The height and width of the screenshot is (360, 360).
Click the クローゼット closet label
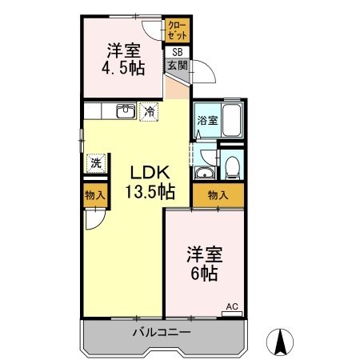tap(177, 31)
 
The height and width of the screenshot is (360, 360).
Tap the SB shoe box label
tap(176, 53)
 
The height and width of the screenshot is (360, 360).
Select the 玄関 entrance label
tap(176, 66)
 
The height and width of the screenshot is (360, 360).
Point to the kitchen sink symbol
tap(125, 111)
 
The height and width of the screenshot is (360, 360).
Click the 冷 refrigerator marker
tap(150, 112)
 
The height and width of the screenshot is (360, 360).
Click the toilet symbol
tap(231, 166)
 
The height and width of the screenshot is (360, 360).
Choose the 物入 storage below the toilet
tap(218, 194)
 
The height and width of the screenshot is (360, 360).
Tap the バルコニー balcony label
tap(162, 331)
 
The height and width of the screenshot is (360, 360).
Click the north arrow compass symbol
tap(281, 342)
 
